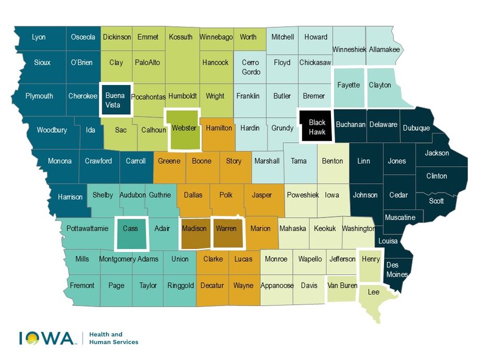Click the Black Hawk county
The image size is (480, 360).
coord(317,127)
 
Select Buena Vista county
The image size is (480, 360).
coord(115,100)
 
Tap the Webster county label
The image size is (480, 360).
coord(184,128)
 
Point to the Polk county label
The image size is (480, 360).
coord(226,195)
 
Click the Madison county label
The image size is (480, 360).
coord(194,228)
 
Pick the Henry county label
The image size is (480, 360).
coord(371,259)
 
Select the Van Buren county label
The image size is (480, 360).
coord(342,285)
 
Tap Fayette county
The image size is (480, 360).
coord(348,85)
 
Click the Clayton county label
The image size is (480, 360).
coord(380,84)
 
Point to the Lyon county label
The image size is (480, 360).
coord(39,37)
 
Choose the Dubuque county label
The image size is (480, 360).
coord(417,128)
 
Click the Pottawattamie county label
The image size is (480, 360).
coord(88,228)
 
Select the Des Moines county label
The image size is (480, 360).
coord(396,269)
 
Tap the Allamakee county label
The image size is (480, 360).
coord(384,49)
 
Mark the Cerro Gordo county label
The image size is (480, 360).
coord(250,67)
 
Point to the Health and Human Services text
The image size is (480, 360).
coord(114,338)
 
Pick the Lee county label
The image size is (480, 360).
coord(374,292)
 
